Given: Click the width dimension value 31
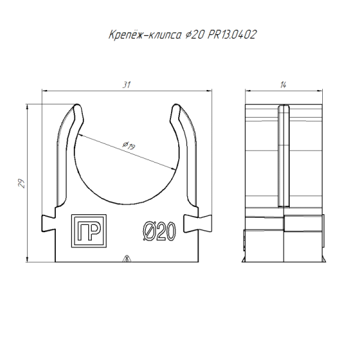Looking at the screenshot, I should tap(126, 85).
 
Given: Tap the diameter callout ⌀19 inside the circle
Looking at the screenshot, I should tap(127, 145).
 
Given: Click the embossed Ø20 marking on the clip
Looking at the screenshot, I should tap(158, 231).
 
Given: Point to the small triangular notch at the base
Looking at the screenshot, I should tap(126, 260).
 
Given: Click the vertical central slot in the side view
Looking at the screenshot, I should tap(283, 156).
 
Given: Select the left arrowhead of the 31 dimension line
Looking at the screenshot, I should tap(44, 91).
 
